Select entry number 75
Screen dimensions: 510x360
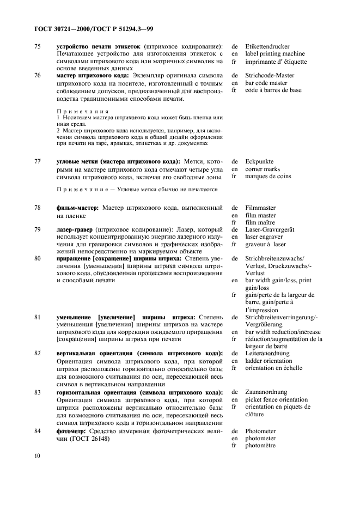pyautogui.click(x=38, y=47)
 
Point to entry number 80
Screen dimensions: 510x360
pyautogui.click(x=38, y=258)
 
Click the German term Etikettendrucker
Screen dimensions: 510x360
pyautogui.click(x=267, y=47)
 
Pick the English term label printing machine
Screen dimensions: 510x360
pyautogui.click(x=275, y=54)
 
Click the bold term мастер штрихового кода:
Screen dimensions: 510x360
pyautogui.click(x=91, y=76)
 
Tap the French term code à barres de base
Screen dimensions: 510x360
pyautogui.click(x=273, y=90)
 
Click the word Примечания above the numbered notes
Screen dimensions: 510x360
pyautogui.click(x=79, y=111)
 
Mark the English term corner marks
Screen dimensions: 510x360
pyautogui.click(x=264, y=169)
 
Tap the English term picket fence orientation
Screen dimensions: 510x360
pyautogui.click(x=277, y=399)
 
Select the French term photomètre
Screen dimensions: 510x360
pyautogui.click(x=261, y=446)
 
